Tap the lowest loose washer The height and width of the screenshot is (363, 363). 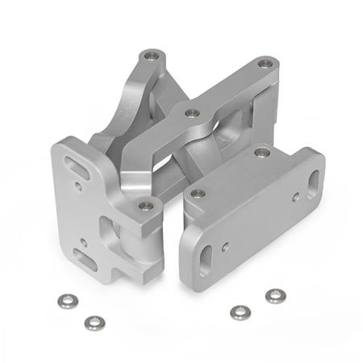coord(94,322)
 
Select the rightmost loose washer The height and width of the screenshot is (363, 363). coord(274,295)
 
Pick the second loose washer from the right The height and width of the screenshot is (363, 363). coord(239,311)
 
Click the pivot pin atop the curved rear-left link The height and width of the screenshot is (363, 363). coord(150,56)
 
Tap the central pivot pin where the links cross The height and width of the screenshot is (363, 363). coord(192,113)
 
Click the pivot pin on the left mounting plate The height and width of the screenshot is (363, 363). coord(145,206)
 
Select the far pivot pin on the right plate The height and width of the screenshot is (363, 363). coord(261,151)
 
